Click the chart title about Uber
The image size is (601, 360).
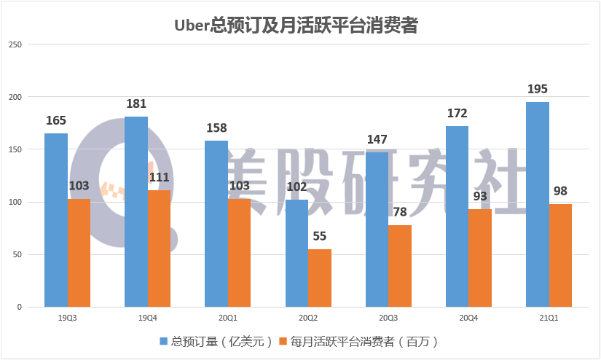click(296, 26)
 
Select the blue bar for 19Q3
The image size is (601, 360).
click(55, 220)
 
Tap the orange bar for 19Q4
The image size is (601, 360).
click(159, 249)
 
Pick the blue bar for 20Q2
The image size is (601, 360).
click(296, 253)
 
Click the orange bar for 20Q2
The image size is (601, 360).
click(319, 278)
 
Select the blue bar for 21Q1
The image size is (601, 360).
click(538, 204)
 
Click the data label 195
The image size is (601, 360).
click(537, 89)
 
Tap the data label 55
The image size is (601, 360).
click(320, 237)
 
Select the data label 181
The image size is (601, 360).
click(136, 103)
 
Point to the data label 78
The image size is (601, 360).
click(400, 213)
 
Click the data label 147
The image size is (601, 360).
click(377, 139)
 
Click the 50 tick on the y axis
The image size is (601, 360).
click(18, 254)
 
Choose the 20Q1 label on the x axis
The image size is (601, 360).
click(227, 318)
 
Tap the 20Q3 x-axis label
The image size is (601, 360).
click(388, 318)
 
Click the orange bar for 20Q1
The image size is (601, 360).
click(239, 253)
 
